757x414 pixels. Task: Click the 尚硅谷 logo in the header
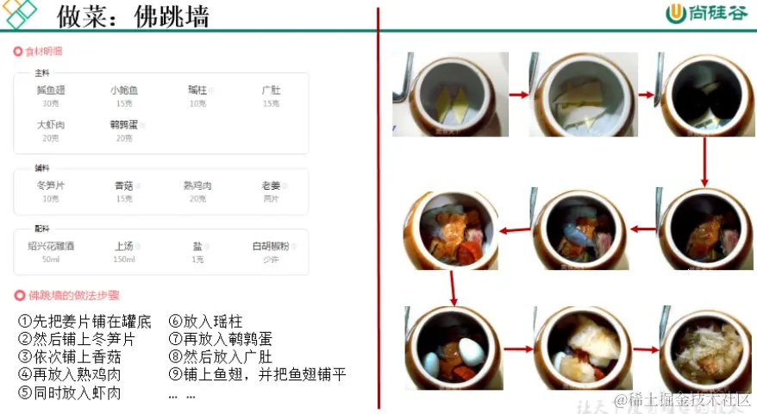(x=698, y=15)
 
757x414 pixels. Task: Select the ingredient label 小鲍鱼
(x=124, y=90)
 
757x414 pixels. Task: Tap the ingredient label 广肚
(x=271, y=90)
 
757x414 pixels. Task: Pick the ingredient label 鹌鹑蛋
(x=124, y=125)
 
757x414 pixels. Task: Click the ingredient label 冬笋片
(x=50, y=185)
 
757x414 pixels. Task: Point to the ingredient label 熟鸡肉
(x=197, y=185)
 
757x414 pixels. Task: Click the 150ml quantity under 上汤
(x=124, y=259)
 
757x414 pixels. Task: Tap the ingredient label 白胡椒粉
(x=271, y=246)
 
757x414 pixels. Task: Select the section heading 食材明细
(x=42, y=52)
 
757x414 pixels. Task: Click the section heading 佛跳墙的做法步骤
(x=73, y=295)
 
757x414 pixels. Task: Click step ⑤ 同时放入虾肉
(x=69, y=393)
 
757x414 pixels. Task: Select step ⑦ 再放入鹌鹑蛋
(x=220, y=339)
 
